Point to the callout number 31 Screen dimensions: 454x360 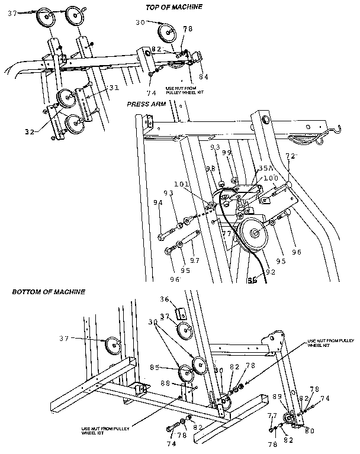point(113,88)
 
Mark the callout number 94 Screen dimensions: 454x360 point(158,202)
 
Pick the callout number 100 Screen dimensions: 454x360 point(270,178)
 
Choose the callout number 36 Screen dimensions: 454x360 point(166,299)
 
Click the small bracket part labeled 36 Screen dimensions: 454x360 point(183,313)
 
